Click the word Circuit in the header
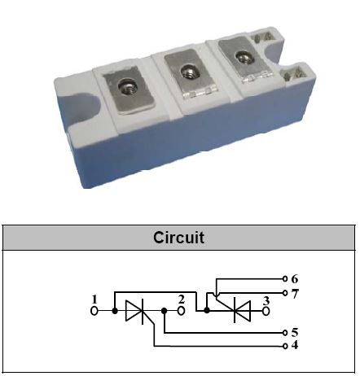pyautogui.click(x=178, y=238)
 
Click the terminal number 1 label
pyautogui.click(x=94, y=299)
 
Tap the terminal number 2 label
pyautogui.click(x=182, y=299)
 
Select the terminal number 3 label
pyautogui.click(x=266, y=300)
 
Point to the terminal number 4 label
pyautogui.click(x=295, y=345)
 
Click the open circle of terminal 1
pyautogui.click(x=94, y=311)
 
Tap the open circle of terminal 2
pyautogui.click(x=182, y=311)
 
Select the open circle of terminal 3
pyautogui.click(x=266, y=311)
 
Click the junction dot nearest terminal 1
pyautogui.click(x=115, y=311)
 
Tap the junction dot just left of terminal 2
pyautogui.click(x=164, y=311)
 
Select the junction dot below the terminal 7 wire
pyautogui.click(x=207, y=310)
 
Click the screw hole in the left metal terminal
pyautogui.click(x=126, y=87)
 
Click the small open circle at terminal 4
pyautogui.click(x=285, y=346)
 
